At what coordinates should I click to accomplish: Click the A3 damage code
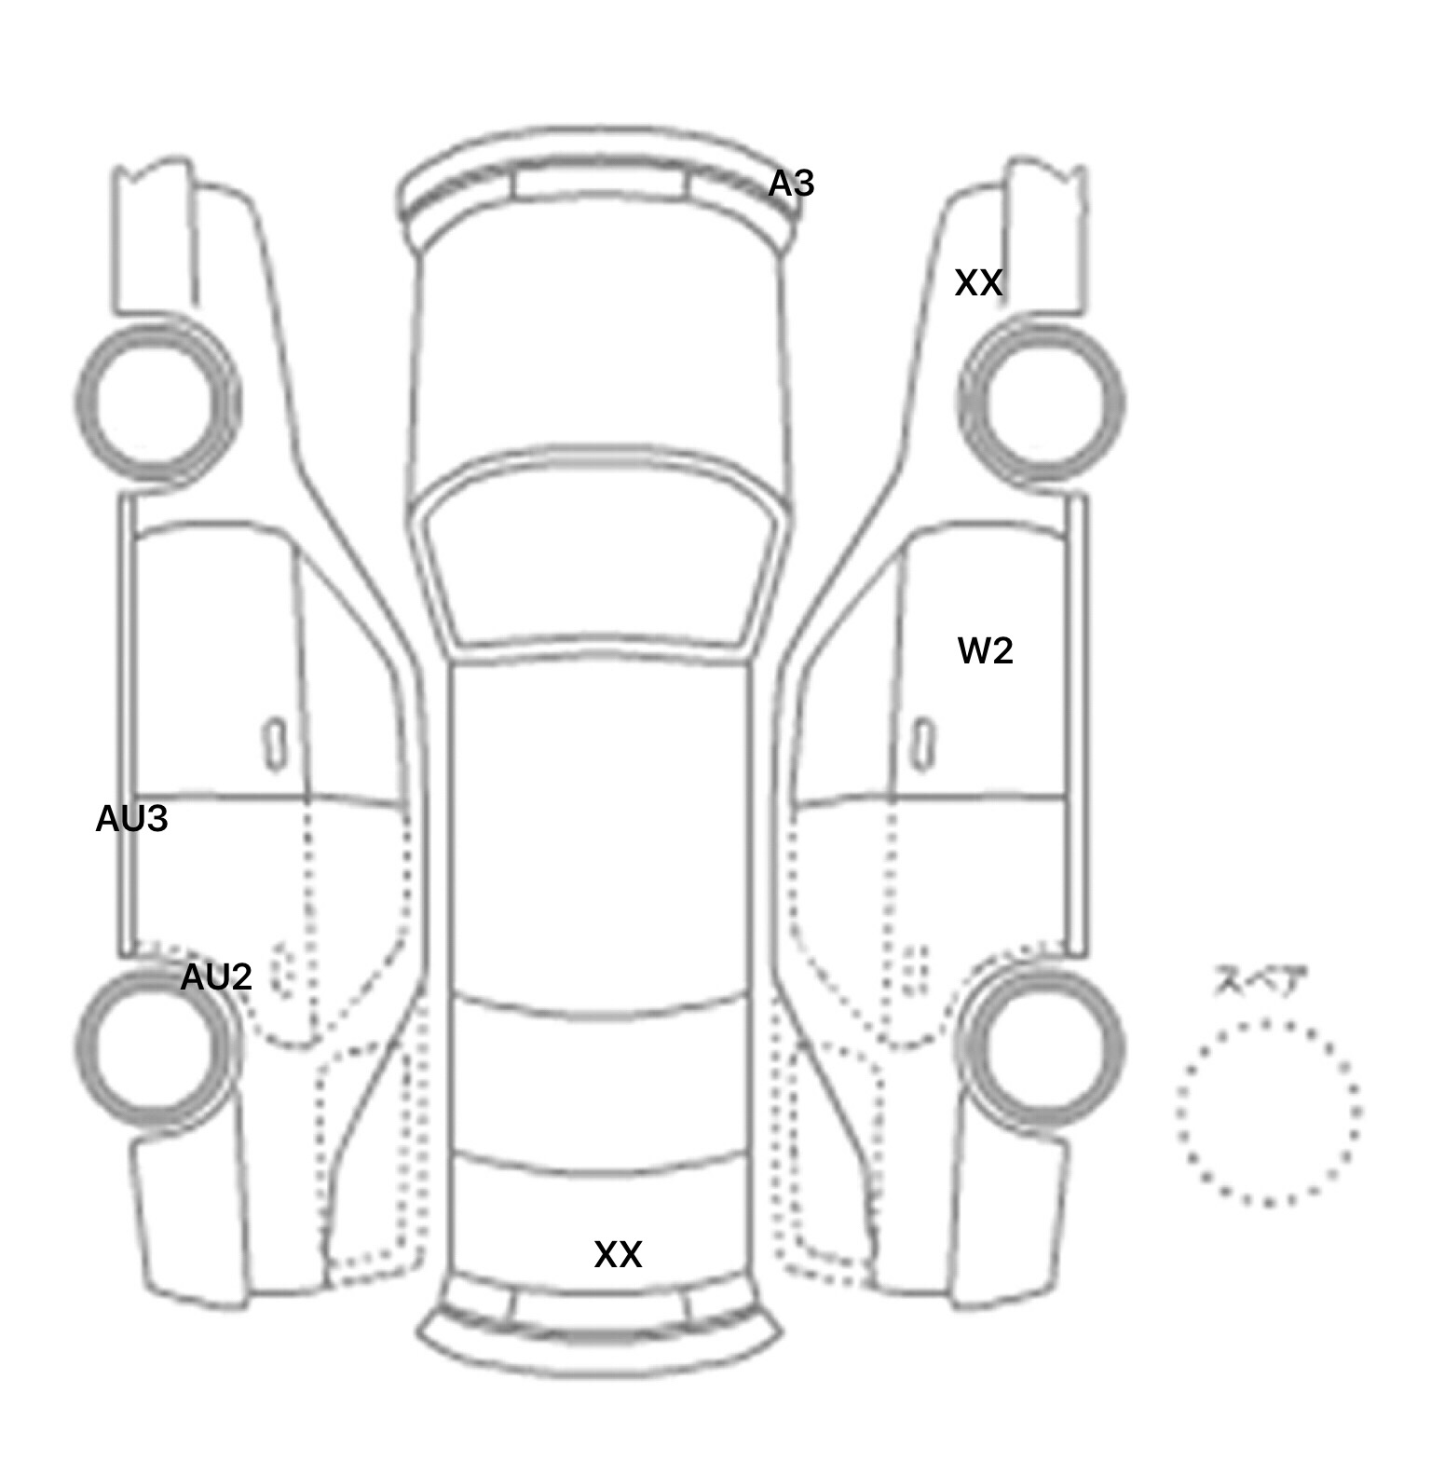pos(791,184)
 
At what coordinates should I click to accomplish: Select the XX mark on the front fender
pos(978,282)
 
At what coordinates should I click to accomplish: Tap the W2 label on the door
pos(985,650)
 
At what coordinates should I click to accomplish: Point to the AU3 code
pos(131,818)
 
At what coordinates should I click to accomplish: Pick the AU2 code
pos(215,976)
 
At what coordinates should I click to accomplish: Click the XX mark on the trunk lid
pos(618,1254)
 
